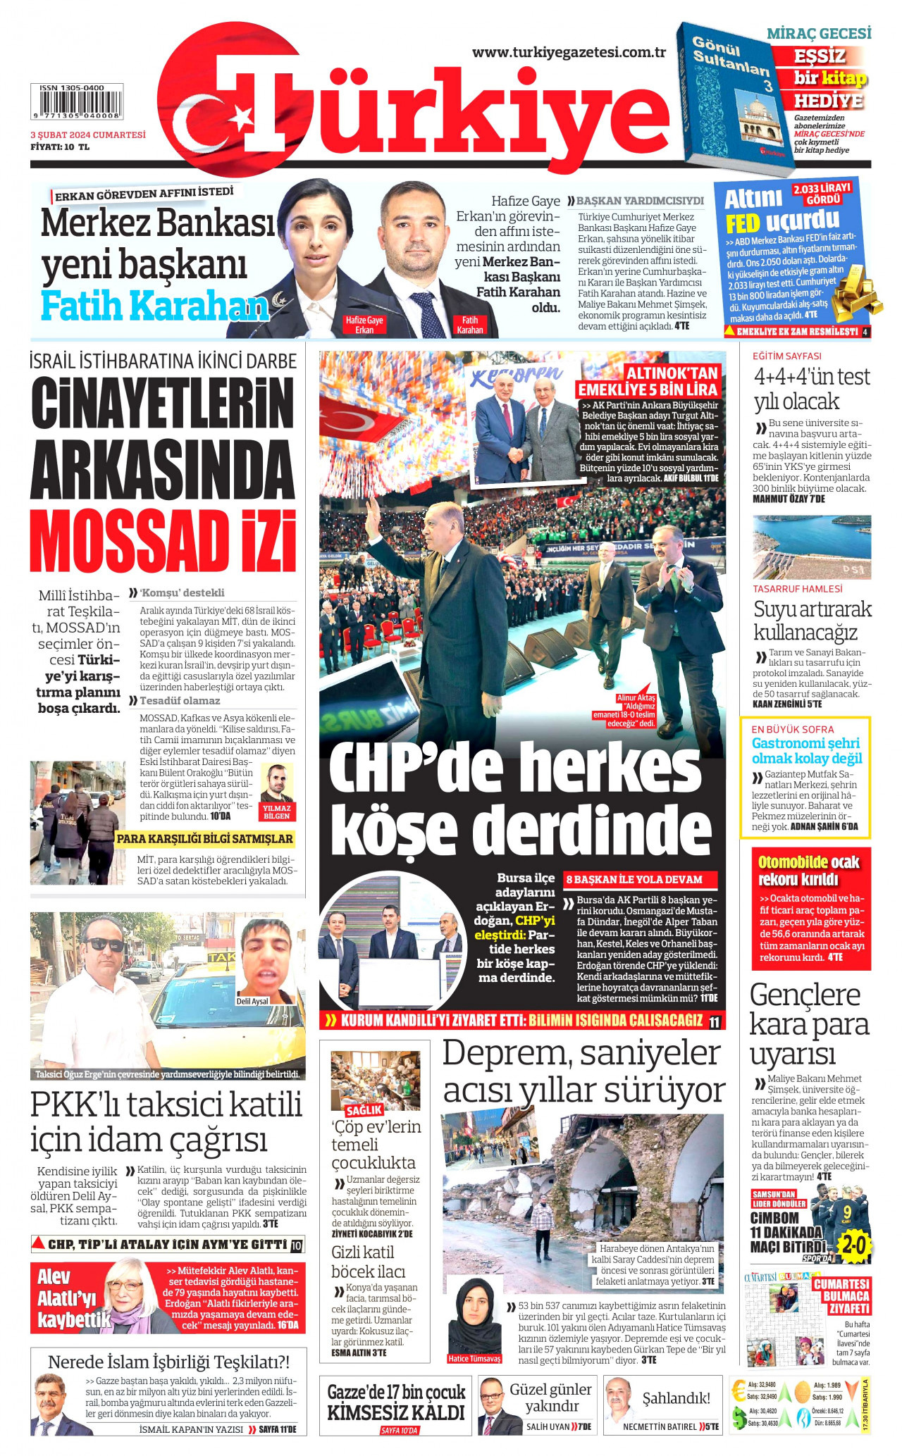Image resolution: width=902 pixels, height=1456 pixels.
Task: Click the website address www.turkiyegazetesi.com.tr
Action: tap(569, 52)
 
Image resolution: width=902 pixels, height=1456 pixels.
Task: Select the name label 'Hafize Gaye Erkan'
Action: tap(364, 325)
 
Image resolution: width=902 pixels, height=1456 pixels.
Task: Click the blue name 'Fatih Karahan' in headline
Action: tap(155, 305)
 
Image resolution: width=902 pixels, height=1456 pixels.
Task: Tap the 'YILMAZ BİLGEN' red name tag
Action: tap(277, 812)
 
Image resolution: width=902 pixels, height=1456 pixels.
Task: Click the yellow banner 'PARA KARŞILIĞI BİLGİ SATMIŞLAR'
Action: tap(204, 839)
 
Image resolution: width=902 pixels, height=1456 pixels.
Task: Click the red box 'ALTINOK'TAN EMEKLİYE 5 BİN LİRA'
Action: tap(648, 381)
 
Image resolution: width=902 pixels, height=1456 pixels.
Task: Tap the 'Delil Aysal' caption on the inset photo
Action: tap(252, 1001)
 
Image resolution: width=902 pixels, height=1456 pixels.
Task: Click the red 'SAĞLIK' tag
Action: tap(364, 1110)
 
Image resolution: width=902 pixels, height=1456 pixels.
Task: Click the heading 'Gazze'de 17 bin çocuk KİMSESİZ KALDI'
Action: tap(396, 1402)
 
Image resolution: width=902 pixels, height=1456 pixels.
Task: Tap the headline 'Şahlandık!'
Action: tap(676, 1398)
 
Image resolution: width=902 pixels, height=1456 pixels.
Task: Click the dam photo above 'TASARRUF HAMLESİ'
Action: tap(812, 547)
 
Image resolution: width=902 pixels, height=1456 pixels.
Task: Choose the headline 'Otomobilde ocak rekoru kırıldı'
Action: tap(808, 871)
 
